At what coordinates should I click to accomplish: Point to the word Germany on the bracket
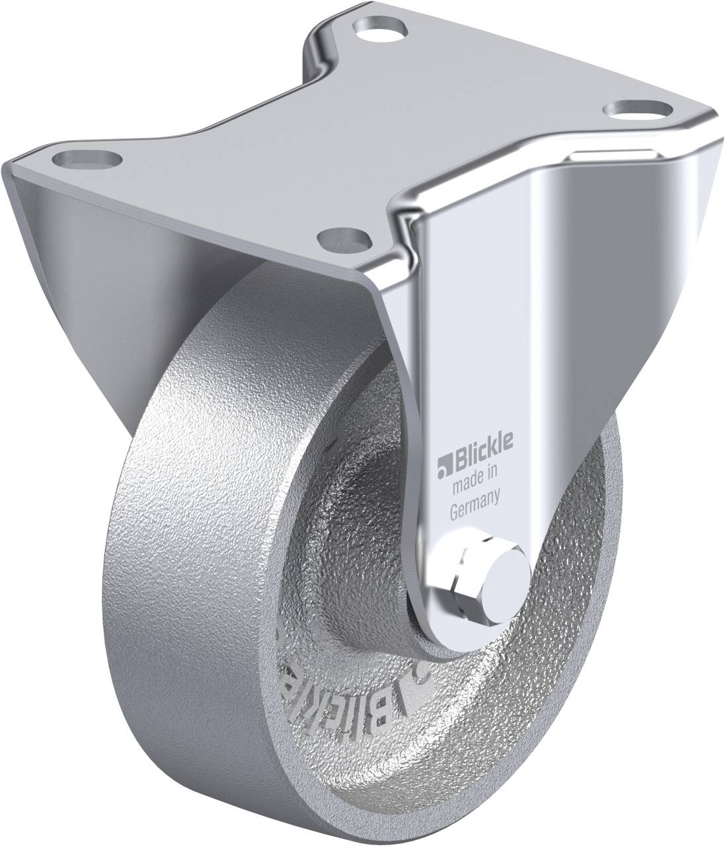[473, 509]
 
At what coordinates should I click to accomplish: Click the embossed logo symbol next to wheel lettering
[418, 674]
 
